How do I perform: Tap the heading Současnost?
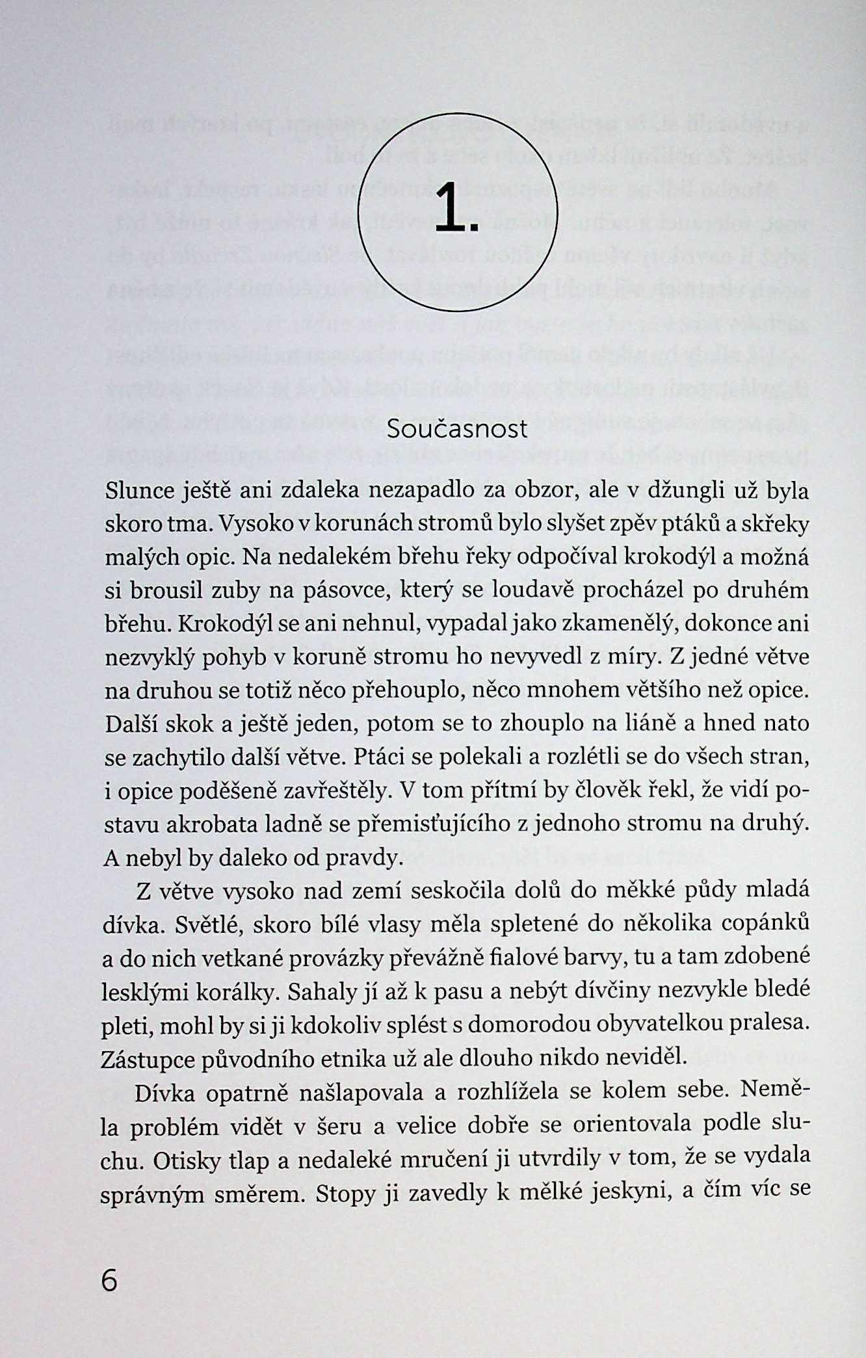click(x=457, y=429)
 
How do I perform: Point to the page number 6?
click(x=109, y=1281)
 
